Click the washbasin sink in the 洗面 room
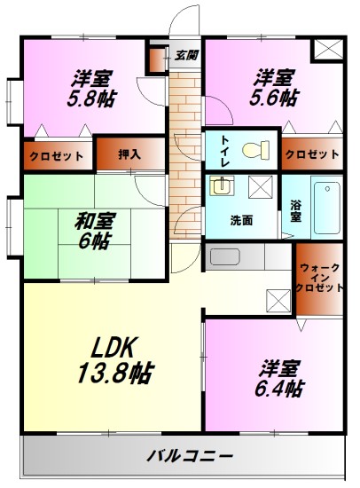[220, 187]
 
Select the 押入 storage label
[130, 154]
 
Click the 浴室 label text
[295, 211]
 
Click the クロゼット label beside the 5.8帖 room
[55, 155]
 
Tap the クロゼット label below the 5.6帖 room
[312, 154]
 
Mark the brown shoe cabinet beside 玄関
[157, 59]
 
